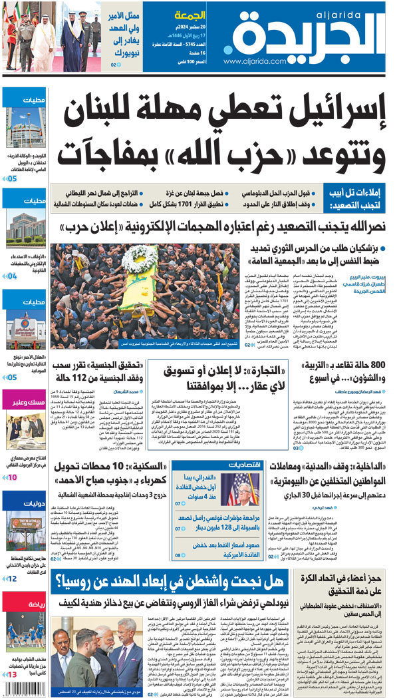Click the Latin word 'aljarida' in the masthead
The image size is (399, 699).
(363, 13)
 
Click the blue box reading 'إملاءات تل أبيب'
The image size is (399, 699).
(360, 198)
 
